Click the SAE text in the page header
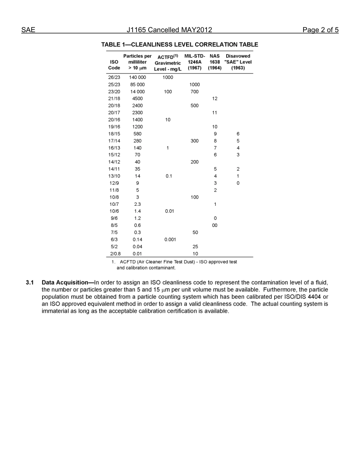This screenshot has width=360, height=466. coord(28,30)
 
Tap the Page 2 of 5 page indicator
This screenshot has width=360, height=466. coord(320,30)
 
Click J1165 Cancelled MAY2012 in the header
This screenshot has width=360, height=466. coord(169,30)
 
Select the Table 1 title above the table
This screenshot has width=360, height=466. coord(180,45)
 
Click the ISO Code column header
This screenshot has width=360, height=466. coord(114,65)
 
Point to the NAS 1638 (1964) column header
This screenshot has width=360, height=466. coord(214,62)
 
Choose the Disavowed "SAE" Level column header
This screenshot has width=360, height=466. coord(238,62)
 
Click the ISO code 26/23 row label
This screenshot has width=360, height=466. coord(114,77)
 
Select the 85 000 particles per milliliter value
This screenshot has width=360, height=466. coord(137,84)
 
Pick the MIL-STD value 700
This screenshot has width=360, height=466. coord(194,92)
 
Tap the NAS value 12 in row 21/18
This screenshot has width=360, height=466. coord(215,99)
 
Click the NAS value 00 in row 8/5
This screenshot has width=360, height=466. coord(215,225)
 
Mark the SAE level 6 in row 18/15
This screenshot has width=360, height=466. coord(238,134)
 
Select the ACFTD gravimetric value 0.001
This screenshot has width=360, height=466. coord(170,239)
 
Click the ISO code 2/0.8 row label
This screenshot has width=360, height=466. coord(114,254)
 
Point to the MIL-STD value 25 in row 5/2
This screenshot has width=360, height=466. coord(195,247)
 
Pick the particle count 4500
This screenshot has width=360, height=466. coord(137,99)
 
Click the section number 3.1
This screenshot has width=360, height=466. coord(30,283)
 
